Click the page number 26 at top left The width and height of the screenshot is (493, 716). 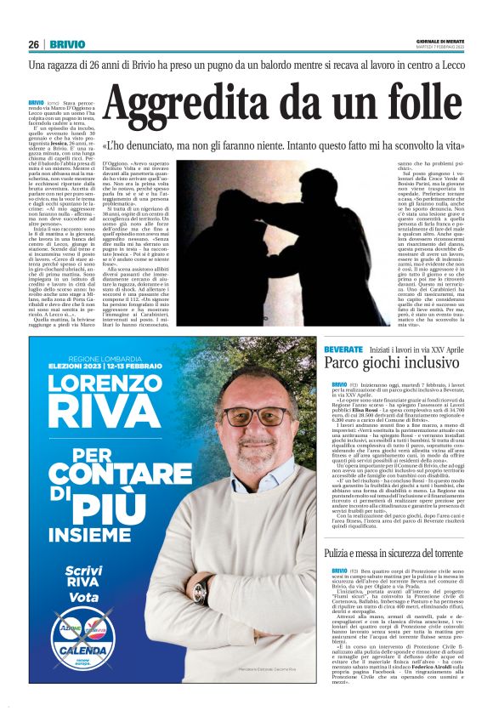click(34, 45)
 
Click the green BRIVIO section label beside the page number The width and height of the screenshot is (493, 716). click(68, 45)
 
